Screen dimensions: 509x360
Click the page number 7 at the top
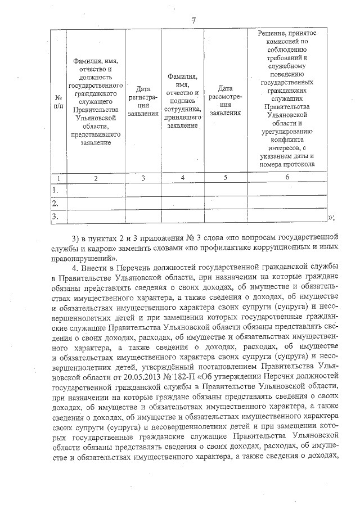point(193,21)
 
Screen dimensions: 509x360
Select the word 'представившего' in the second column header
point(96,134)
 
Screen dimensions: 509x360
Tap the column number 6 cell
point(287,178)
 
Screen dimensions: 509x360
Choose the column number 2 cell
point(96,178)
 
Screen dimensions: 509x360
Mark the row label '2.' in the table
point(56,203)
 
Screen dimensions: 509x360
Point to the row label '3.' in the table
point(56,216)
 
